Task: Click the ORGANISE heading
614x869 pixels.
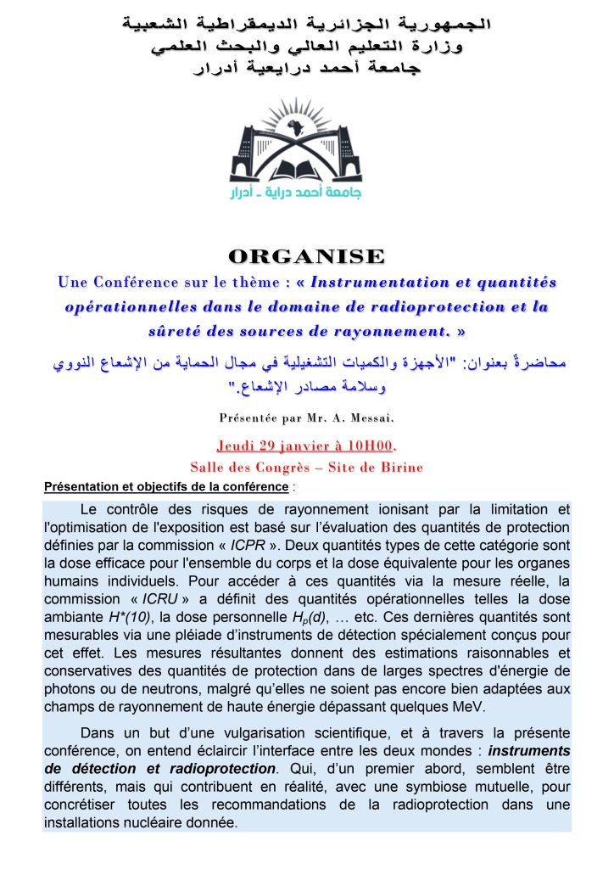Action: [307, 255]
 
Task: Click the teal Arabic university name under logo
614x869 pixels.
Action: [297, 194]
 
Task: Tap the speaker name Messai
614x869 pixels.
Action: [370, 418]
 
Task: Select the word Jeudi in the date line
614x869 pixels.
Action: [238, 446]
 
